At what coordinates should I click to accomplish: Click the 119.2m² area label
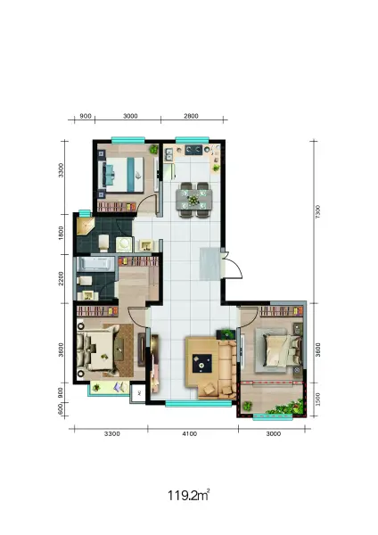(188, 495)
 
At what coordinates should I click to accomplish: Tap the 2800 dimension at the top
(191, 116)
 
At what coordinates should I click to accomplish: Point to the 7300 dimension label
(318, 211)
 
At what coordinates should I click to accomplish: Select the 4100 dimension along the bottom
(190, 433)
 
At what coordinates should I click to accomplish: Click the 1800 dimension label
(61, 233)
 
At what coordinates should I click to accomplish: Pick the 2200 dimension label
(61, 278)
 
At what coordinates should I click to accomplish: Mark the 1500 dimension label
(318, 399)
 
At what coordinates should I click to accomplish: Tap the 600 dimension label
(61, 408)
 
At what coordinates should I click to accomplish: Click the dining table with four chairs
(193, 200)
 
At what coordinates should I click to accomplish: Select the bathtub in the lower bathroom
(96, 264)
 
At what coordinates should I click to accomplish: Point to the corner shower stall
(84, 226)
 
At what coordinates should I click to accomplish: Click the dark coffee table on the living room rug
(202, 364)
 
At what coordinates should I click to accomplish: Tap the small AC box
(139, 393)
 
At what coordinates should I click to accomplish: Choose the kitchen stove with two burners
(193, 150)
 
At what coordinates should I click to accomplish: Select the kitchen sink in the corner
(168, 154)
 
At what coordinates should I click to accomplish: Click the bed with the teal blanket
(121, 175)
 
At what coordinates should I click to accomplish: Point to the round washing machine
(124, 244)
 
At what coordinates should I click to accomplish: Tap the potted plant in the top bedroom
(154, 149)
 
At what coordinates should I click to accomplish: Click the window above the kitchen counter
(192, 139)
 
